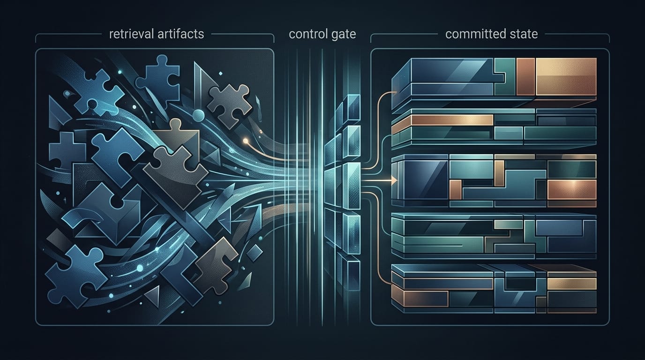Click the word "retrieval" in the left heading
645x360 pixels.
[x=131, y=34]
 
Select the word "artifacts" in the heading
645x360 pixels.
[x=180, y=34]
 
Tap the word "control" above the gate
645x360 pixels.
[x=307, y=34]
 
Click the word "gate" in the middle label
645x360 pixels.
[x=343, y=35]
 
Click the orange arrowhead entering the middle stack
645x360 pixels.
[x=394, y=180]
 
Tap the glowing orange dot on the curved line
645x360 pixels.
[x=246, y=141]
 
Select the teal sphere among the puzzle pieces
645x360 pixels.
[x=198, y=115]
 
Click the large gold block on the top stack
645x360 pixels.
[x=566, y=76]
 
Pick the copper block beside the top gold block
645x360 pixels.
[x=525, y=76]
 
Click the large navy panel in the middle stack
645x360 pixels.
[x=426, y=179]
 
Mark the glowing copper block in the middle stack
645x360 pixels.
[x=571, y=190]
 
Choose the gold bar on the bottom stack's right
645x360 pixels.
[x=571, y=284]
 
